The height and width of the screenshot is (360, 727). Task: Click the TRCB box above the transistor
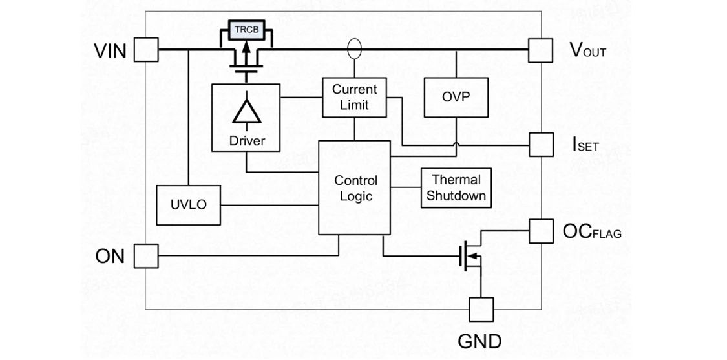tap(247, 30)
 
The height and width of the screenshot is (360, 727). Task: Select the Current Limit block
tap(354, 97)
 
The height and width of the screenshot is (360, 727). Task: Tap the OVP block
tap(456, 97)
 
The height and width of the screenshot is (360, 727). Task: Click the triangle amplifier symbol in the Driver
tap(247, 112)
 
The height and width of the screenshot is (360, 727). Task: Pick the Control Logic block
tap(355, 187)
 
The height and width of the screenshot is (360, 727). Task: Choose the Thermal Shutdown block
tap(456, 187)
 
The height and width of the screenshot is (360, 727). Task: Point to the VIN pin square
tap(146, 50)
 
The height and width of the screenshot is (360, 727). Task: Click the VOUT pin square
tap(540, 50)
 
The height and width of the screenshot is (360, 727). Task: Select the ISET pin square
tap(540, 144)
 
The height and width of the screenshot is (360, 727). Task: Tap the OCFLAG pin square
tap(540, 231)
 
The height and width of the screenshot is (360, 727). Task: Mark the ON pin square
tap(146, 256)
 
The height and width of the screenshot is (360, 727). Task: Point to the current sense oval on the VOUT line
tap(354, 49)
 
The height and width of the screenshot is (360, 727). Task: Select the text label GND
tap(479, 341)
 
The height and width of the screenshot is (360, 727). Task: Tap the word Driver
tap(247, 140)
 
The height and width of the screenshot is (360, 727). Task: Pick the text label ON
tap(110, 256)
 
